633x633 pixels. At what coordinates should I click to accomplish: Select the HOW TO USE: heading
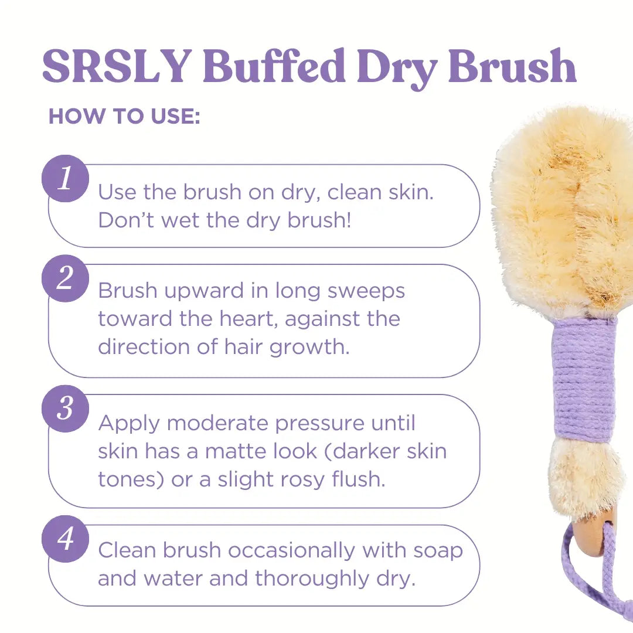[124, 116]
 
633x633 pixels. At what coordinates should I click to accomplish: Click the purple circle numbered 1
[65, 178]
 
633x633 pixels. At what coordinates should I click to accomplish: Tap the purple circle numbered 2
[65, 278]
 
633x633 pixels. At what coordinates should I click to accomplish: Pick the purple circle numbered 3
[65, 409]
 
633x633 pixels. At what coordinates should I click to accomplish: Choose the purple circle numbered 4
[65, 539]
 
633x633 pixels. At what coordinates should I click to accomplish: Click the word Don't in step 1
[127, 220]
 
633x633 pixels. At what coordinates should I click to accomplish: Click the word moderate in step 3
[219, 424]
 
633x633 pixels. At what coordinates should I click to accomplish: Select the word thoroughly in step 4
[312, 579]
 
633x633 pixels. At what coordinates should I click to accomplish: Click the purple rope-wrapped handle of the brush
[583, 379]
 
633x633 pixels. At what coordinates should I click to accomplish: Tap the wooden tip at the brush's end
[592, 539]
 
